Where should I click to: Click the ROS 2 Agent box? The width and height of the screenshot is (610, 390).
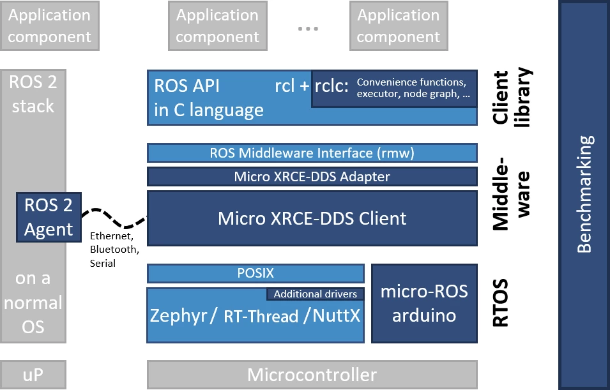tap(49, 217)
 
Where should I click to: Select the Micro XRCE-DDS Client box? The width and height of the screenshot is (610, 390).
tap(312, 218)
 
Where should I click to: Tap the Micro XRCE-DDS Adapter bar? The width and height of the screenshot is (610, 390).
tap(312, 176)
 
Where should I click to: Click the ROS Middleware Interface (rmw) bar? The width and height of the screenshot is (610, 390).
tap(312, 153)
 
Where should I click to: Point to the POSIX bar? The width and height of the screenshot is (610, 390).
tap(255, 273)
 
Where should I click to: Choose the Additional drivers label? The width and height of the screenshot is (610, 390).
tap(315, 294)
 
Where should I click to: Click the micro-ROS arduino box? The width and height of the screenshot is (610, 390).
tap(424, 303)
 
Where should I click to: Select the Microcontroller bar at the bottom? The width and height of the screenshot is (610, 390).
tap(312, 374)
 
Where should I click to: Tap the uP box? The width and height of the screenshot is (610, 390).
tap(33, 374)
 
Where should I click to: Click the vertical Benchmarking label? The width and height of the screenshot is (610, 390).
tap(584, 194)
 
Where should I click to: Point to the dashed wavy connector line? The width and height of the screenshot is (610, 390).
tap(118, 218)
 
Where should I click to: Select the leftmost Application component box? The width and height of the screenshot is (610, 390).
tap(49, 26)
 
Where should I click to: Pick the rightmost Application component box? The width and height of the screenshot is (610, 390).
tap(398, 26)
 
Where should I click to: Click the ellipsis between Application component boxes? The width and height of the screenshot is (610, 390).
tap(308, 29)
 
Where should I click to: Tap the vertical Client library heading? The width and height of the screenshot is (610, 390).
tap(511, 97)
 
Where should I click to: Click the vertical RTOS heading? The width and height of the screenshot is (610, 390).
tap(501, 303)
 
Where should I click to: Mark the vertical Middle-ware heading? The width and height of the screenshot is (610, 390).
tap(511, 192)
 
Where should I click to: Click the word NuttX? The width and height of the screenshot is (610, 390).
tap(336, 316)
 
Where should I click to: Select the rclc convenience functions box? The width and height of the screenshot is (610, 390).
tap(394, 88)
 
